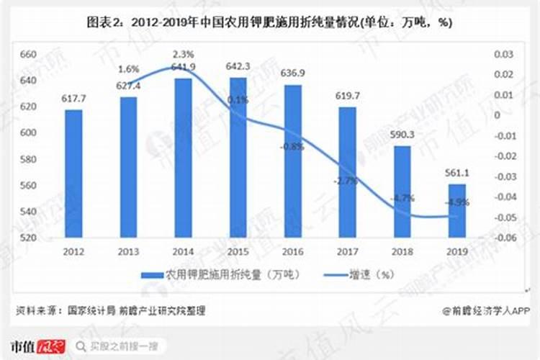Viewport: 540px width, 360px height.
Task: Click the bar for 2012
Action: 73,173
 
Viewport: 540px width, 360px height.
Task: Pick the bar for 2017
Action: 347,172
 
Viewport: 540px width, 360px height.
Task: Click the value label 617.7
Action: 73,99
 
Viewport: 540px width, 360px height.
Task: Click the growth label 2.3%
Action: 183,54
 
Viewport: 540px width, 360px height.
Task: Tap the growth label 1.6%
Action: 128,70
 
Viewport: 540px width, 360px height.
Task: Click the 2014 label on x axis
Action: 183,251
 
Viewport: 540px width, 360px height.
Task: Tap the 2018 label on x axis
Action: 402,251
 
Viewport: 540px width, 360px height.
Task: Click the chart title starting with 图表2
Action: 269,22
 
